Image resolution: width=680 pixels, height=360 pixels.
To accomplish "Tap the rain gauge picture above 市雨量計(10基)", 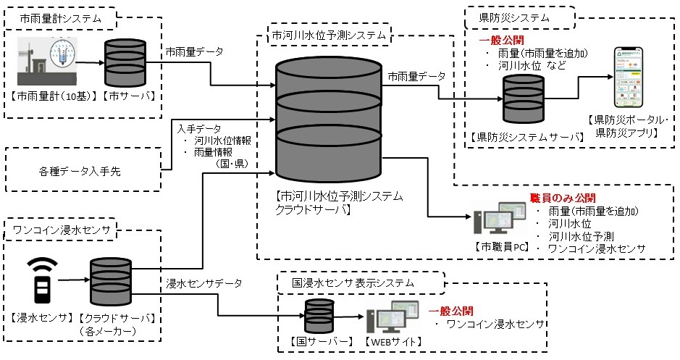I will pos(46,65).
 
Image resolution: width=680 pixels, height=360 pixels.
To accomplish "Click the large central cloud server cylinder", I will pos(329,120).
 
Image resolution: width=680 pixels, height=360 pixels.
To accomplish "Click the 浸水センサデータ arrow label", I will pos(204,282).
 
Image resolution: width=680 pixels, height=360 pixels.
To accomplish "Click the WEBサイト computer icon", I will pos(392,316).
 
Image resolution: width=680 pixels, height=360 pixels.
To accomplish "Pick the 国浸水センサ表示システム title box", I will pos(356,281).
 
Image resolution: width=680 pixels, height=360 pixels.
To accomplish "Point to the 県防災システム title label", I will pos(521,17).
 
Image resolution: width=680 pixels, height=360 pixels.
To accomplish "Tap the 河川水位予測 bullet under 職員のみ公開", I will pos(582,237).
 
